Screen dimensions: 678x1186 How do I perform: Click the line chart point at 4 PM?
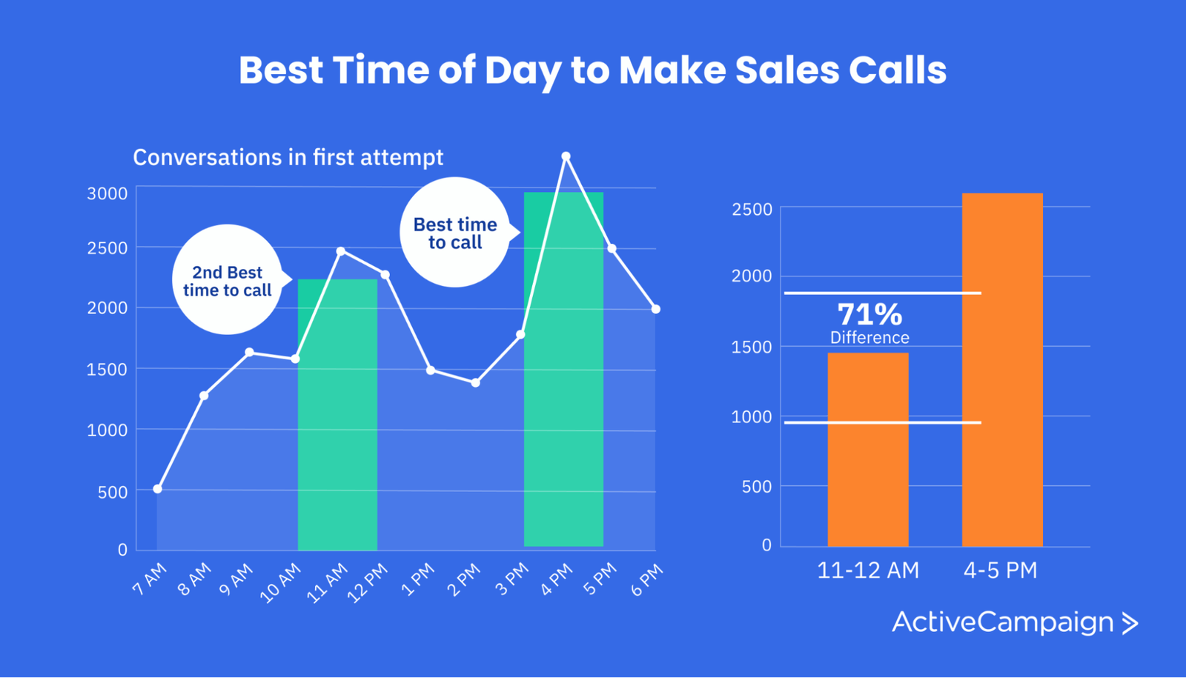tap(566, 156)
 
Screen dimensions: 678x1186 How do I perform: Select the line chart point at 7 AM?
tap(157, 489)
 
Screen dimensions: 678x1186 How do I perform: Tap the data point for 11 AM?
tap(341, 251)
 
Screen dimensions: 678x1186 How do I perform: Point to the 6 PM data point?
tap(656, 309)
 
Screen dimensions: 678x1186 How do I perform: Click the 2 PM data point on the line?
tap(476, 383)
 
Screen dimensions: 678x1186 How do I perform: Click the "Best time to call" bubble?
tap(455, 233)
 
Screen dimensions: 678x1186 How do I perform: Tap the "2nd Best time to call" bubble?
tap(228, 280)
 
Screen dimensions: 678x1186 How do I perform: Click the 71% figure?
tap(869, 315)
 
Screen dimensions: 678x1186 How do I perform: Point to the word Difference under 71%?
tap(869, 338)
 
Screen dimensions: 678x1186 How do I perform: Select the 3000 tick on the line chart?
tap(107, 193)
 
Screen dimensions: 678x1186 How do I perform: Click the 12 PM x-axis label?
tap(368, 582)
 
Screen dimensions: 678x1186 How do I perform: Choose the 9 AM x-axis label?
tap(236, 579)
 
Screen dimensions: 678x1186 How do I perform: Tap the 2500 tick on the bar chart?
tap(752, 210)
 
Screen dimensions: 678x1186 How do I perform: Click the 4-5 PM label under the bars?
tap(1001, 571)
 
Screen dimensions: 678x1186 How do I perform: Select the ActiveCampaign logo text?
tap(1002, 622)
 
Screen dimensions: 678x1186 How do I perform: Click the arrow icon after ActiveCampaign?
tap(1130, 623)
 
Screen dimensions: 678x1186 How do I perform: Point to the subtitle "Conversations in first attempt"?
tap(288, 158)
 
